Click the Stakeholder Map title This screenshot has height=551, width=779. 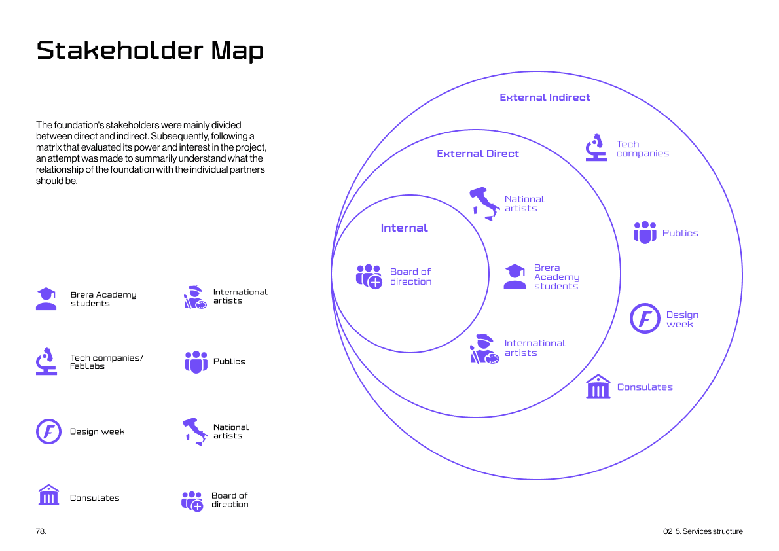(150, 50)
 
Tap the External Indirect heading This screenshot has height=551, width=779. (545, 98)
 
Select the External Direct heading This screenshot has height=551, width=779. (478, 154)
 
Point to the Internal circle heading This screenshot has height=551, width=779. (404, 228)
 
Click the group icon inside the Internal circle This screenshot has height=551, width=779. (369, 276)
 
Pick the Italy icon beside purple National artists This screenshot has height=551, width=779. (484, 203)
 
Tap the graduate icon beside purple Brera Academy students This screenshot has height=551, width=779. (515, 277)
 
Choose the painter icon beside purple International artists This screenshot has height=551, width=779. (484, 348)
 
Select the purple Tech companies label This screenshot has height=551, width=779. (642, 149)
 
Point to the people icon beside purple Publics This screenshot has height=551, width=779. (644, 233)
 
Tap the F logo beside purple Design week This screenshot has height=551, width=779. (645, 319)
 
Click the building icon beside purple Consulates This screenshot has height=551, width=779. (598, 387)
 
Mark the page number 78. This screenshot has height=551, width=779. (41, 531)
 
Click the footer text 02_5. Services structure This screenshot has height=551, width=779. (702, 531)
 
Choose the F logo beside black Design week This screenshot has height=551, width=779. (48, 431)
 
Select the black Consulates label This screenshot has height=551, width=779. (95, 498)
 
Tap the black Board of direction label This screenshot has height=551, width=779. (230, 500)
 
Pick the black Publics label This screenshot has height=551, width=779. (229, 361)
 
